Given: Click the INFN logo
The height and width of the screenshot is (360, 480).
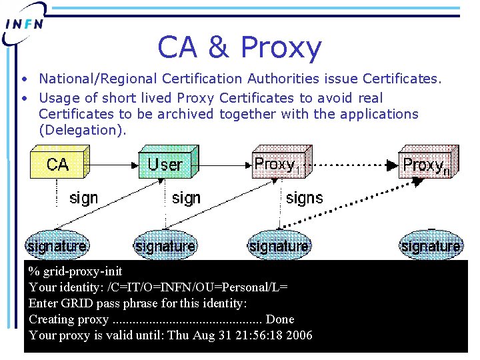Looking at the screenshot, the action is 25,23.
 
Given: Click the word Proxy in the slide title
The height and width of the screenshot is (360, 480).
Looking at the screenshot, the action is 280,47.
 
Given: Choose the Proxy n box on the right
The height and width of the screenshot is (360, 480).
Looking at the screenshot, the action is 427,163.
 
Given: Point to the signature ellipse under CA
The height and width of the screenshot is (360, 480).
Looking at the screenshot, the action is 57,246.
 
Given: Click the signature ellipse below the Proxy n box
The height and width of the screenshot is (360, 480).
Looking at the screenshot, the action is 431,246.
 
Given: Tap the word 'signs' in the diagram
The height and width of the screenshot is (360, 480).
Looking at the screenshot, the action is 304,198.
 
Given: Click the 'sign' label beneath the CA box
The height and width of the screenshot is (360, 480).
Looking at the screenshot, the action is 83,198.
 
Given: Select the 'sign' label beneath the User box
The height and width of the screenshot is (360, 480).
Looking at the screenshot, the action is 186,198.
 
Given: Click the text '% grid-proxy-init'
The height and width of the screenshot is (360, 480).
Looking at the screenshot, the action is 75,271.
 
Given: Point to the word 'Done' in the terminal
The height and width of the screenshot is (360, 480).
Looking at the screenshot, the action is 279,319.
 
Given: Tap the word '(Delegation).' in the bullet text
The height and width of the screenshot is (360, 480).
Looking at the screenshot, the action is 82,130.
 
